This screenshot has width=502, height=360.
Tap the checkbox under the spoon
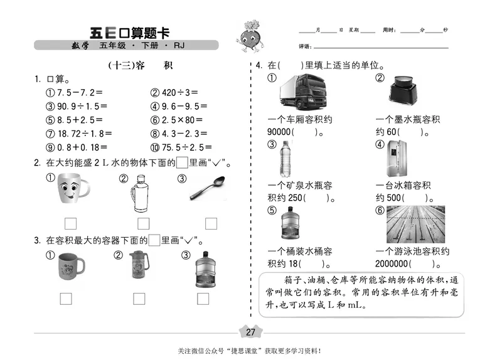211,223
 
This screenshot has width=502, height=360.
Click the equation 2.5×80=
179,120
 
